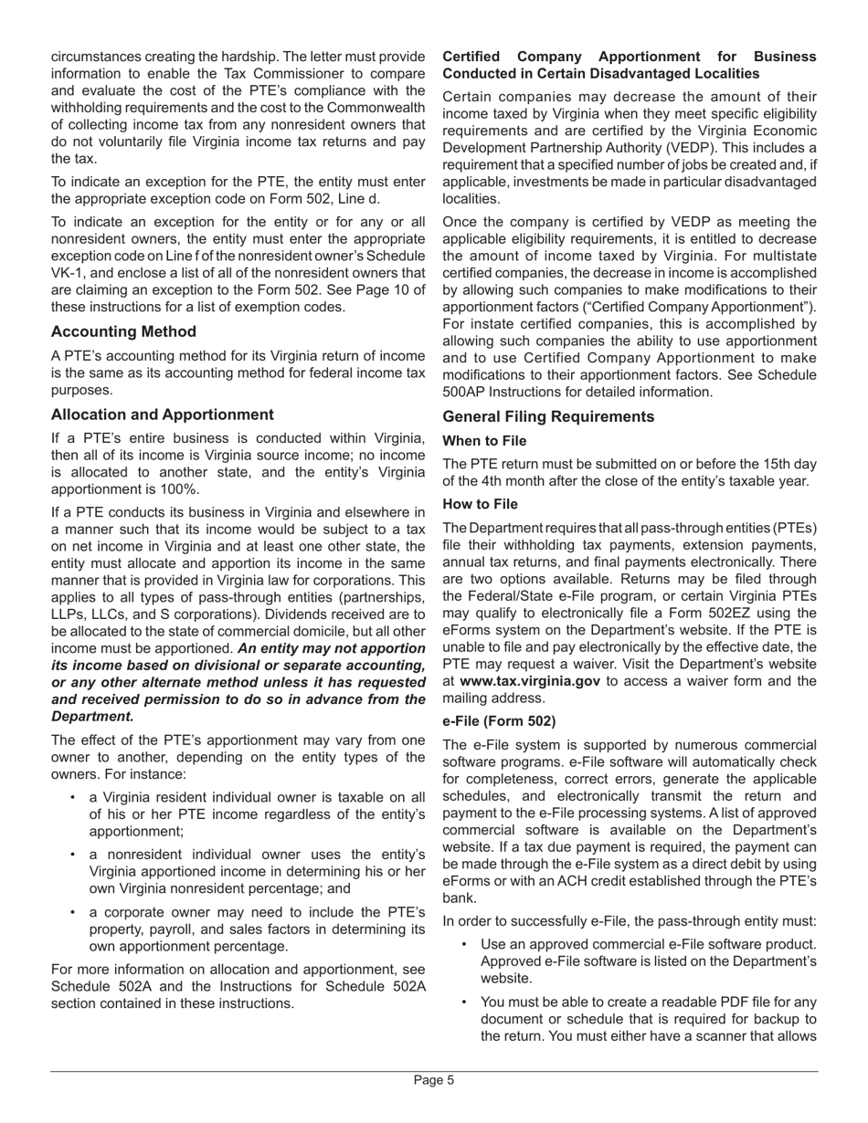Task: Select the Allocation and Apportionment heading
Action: click(x=162, y=415)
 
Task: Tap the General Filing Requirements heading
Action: click(x=547, y=416)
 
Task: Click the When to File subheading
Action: click(x=484, y=441)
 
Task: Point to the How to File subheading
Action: click(x=480, y=504)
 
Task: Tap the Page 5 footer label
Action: click(x=434, y=1080)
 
